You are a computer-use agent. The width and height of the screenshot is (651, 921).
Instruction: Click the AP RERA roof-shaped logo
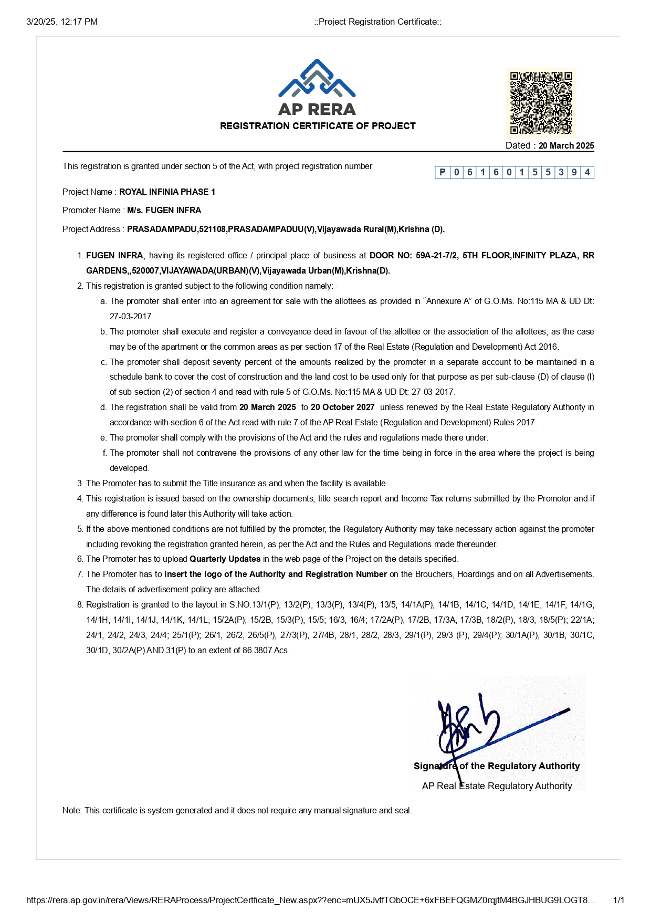click(317, 79)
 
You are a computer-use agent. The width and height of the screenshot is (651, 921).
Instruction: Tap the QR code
click(541, 102)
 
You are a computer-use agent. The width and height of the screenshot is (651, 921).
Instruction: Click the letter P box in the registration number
click(442, 172)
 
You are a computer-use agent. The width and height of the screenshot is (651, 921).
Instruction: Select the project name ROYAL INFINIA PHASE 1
click(167, 192)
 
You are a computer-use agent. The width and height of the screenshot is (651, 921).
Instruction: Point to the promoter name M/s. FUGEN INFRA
click(164, 210)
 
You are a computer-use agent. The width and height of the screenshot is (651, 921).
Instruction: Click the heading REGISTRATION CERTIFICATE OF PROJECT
click(318, 126)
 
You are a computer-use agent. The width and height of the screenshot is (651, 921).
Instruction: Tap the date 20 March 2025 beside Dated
click(566, 145)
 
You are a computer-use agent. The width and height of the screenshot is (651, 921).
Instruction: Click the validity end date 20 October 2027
click(342, 407)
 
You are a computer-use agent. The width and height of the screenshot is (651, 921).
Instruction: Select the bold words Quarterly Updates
click(225, 559)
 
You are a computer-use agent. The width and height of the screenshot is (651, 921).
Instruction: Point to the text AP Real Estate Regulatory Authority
click(497, 786)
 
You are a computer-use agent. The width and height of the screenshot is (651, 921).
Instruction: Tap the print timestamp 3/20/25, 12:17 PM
click(62, 22)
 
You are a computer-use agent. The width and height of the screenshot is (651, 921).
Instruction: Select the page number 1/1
click(618, 900)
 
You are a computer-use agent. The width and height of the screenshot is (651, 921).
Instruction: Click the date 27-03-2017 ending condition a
click(131, 316)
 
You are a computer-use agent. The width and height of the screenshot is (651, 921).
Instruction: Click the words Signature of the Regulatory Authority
click(497, 766)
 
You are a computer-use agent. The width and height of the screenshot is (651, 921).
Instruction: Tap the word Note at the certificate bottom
click(71, 810)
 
